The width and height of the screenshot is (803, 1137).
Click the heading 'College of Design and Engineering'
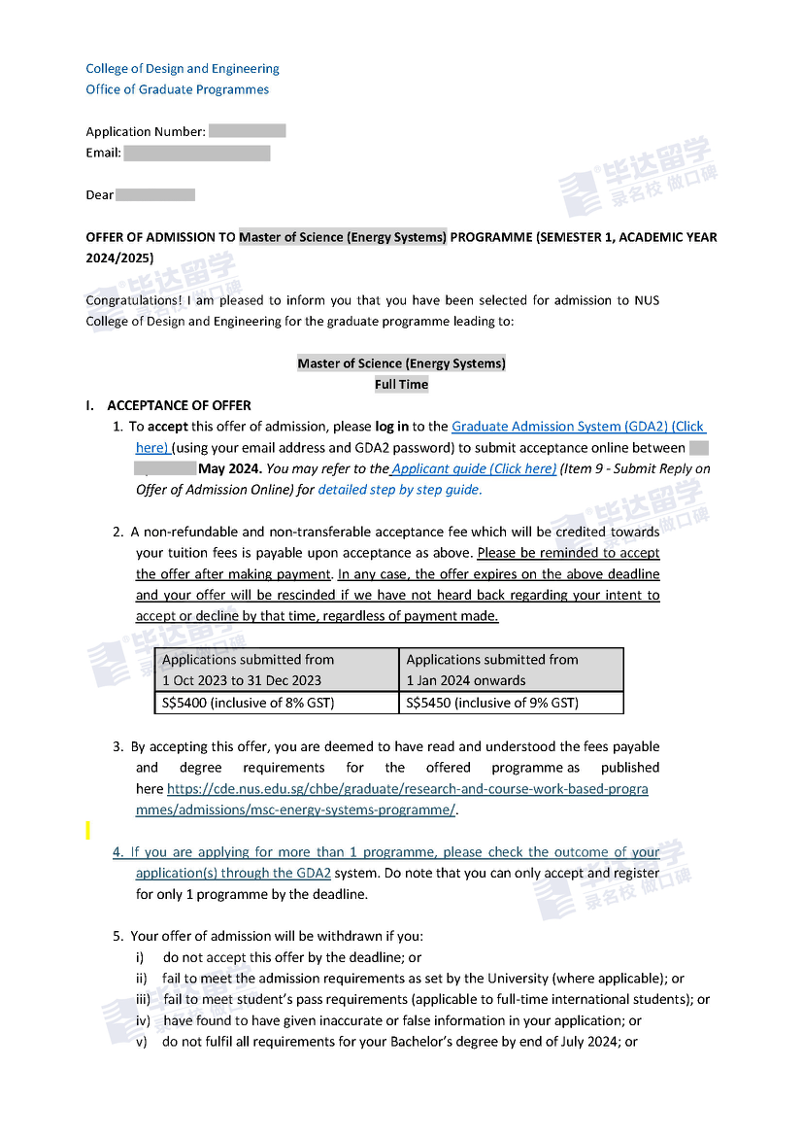183,69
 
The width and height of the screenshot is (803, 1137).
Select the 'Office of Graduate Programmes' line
177,89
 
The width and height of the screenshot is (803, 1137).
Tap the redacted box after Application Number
247,131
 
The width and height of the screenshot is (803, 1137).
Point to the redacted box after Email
197,153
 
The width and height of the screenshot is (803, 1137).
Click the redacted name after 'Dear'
155,194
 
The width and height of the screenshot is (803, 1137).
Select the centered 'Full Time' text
401,384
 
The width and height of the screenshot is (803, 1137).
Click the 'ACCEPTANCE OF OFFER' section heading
179,405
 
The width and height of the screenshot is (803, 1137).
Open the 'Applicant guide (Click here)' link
474,468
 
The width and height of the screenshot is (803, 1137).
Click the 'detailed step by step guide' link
398,490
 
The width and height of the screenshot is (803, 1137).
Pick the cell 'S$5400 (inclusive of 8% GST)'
248,703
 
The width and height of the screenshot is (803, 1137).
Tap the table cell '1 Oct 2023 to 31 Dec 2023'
242,680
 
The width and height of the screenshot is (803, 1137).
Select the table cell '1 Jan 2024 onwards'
466,680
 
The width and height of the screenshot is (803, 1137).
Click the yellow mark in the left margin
87,830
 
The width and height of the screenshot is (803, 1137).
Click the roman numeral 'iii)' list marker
142,1000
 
